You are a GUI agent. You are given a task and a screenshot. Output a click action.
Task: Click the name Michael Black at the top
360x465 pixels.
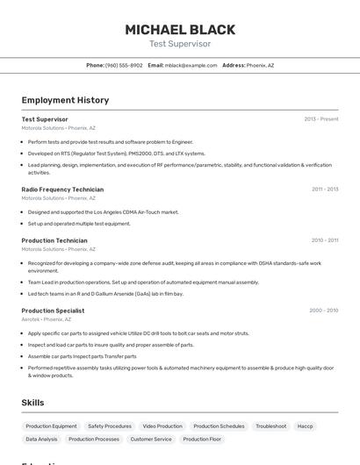(x=180, y=29)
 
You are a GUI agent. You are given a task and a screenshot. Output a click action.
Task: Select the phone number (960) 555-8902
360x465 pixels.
(x=124, y=65)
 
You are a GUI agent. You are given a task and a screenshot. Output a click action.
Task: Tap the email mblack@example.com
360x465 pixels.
(x=191, y=65)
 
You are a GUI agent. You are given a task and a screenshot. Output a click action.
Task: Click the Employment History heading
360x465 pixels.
(x=65, y=100)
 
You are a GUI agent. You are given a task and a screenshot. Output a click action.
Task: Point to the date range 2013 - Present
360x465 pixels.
(x=321, y=119)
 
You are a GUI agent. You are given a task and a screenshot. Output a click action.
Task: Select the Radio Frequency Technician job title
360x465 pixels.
(x=62, y=190)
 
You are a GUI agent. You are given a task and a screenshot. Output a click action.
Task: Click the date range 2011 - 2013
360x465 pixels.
(x=325, y=190)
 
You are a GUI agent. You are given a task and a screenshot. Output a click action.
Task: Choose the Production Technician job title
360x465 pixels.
(x=54, y=240)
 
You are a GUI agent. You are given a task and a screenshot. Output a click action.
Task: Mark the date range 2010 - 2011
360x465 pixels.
(x=325, y=240)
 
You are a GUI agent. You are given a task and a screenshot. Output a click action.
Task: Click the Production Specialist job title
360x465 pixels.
(x=53, y=311)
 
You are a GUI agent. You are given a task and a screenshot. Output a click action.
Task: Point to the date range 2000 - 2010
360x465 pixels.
(x=323, y=311)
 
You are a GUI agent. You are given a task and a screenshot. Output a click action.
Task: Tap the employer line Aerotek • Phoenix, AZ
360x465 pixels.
(x=47, y=319)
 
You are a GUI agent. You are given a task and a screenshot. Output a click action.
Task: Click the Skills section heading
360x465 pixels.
(x=33, y=402)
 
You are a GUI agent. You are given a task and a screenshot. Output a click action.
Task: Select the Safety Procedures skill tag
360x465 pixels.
(x=110, y=426)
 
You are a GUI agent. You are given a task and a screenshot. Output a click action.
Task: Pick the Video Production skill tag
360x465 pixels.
(x=162, y=426)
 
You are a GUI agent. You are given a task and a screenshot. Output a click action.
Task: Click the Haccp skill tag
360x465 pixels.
(x=306, y=426)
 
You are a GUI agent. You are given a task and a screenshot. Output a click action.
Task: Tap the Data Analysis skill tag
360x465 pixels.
(x=41, y=439)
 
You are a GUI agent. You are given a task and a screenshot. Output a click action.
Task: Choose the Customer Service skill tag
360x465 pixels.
(x=151, y=439)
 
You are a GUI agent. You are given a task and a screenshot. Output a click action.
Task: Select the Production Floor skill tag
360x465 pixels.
(x=202, y=439)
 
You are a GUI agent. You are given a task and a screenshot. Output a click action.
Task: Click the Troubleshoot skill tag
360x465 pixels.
(x=271, y=426)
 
